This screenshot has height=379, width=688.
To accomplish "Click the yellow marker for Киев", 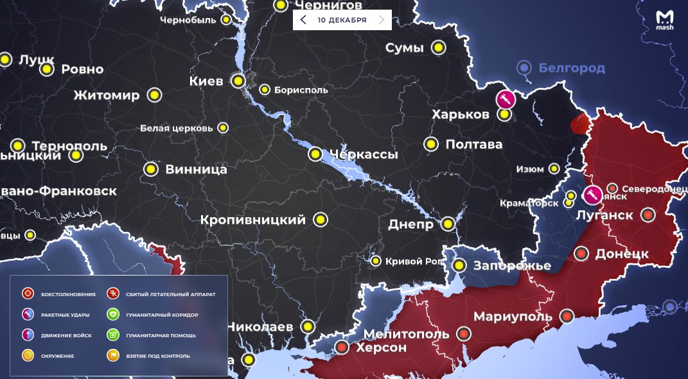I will click(x=238, y=81).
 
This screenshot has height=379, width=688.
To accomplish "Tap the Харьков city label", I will click(x=461, y=114).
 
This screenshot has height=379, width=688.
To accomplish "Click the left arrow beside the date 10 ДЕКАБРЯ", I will click(x=303, y=20).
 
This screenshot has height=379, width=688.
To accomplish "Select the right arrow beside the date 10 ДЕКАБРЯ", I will click(x=382, y=20).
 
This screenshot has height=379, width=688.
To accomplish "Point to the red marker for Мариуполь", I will click(x=567, y=316).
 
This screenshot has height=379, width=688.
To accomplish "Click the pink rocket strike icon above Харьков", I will click(x=506, y=100).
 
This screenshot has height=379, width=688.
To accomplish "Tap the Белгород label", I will click(x=571, y=67).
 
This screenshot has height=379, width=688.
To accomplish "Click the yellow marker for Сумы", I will click(x=439, y=48).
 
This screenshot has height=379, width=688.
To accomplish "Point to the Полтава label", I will click(x=473, y=145).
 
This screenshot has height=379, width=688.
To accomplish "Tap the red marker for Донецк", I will click(x=582, y=254).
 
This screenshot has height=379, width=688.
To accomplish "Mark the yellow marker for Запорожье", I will click(x=459, y=265).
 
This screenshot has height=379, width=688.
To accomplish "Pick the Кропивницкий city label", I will click(x=253, y=220).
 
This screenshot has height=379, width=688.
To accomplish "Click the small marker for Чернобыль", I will click(x=226, y=20).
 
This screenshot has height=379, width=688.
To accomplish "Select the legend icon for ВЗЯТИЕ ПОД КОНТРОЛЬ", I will click(x=113, y=355).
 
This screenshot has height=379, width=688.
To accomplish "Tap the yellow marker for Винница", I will click(x=151, y=170).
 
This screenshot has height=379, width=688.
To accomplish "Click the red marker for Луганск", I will click(x=649, y=215).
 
